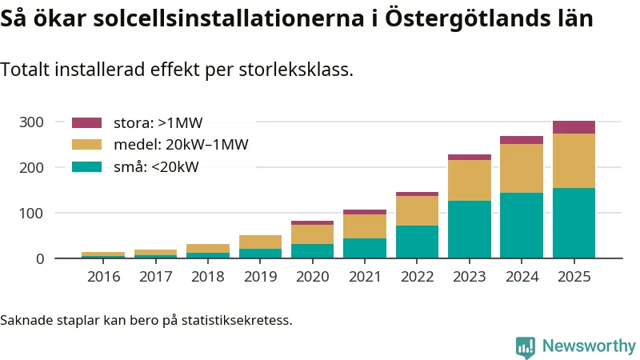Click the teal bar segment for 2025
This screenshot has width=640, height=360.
(x=574, y=222)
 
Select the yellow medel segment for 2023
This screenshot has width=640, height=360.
(x=470, y=180)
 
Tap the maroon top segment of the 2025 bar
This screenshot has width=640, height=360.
(x=574, y=127)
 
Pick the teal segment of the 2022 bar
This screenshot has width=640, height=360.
(x=418, y=242)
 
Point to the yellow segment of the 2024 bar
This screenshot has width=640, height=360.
(x=522, y=168)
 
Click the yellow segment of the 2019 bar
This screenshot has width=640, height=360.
(x=260, y=242)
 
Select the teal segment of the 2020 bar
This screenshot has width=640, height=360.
(x=312, y=250)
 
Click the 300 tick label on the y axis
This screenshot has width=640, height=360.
(x=32, y=122)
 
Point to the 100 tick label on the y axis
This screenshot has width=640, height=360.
(x=32, y=214)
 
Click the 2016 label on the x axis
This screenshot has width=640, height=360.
(x=103, y=277)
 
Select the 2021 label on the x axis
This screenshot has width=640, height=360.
(x=365, y=277)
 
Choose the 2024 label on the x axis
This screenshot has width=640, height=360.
(x=522, y=277)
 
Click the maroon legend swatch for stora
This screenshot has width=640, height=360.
(x=87, y=123)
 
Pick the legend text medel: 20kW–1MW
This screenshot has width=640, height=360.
(x=180, y=145)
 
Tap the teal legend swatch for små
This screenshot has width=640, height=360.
(x=87, y=166)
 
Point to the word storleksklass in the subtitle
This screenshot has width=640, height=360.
(x=296, y=70)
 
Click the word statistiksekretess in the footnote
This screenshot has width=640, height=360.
(x=237, y=321)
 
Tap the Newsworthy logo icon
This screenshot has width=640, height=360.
(x=526, y=346)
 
